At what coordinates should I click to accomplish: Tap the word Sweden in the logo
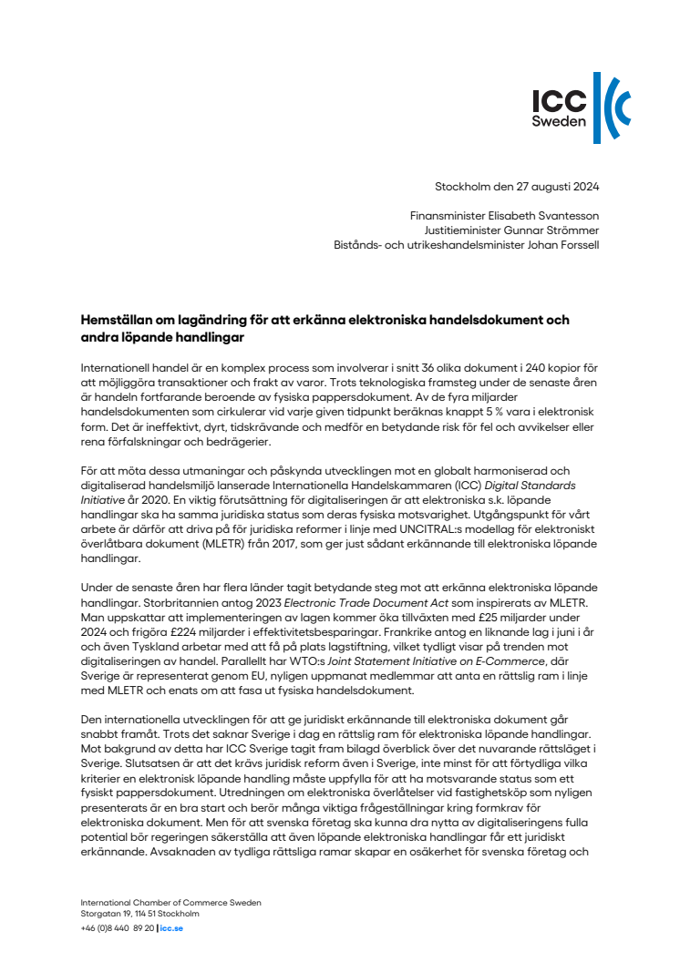559,120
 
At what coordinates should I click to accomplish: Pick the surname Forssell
575,246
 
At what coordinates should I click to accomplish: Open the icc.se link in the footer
171,928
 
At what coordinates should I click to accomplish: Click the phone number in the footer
118,928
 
